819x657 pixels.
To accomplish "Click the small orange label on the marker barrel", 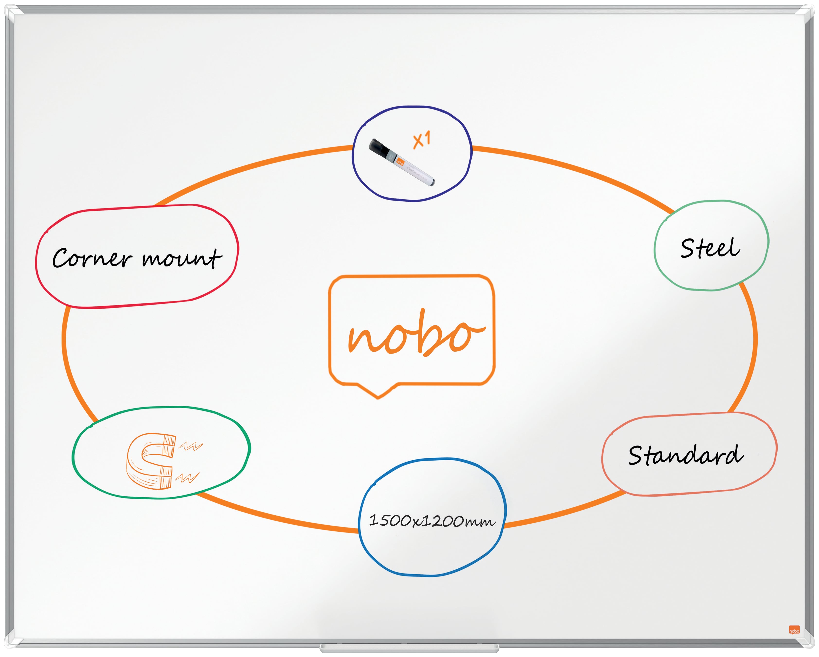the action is (x=400, y=162).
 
